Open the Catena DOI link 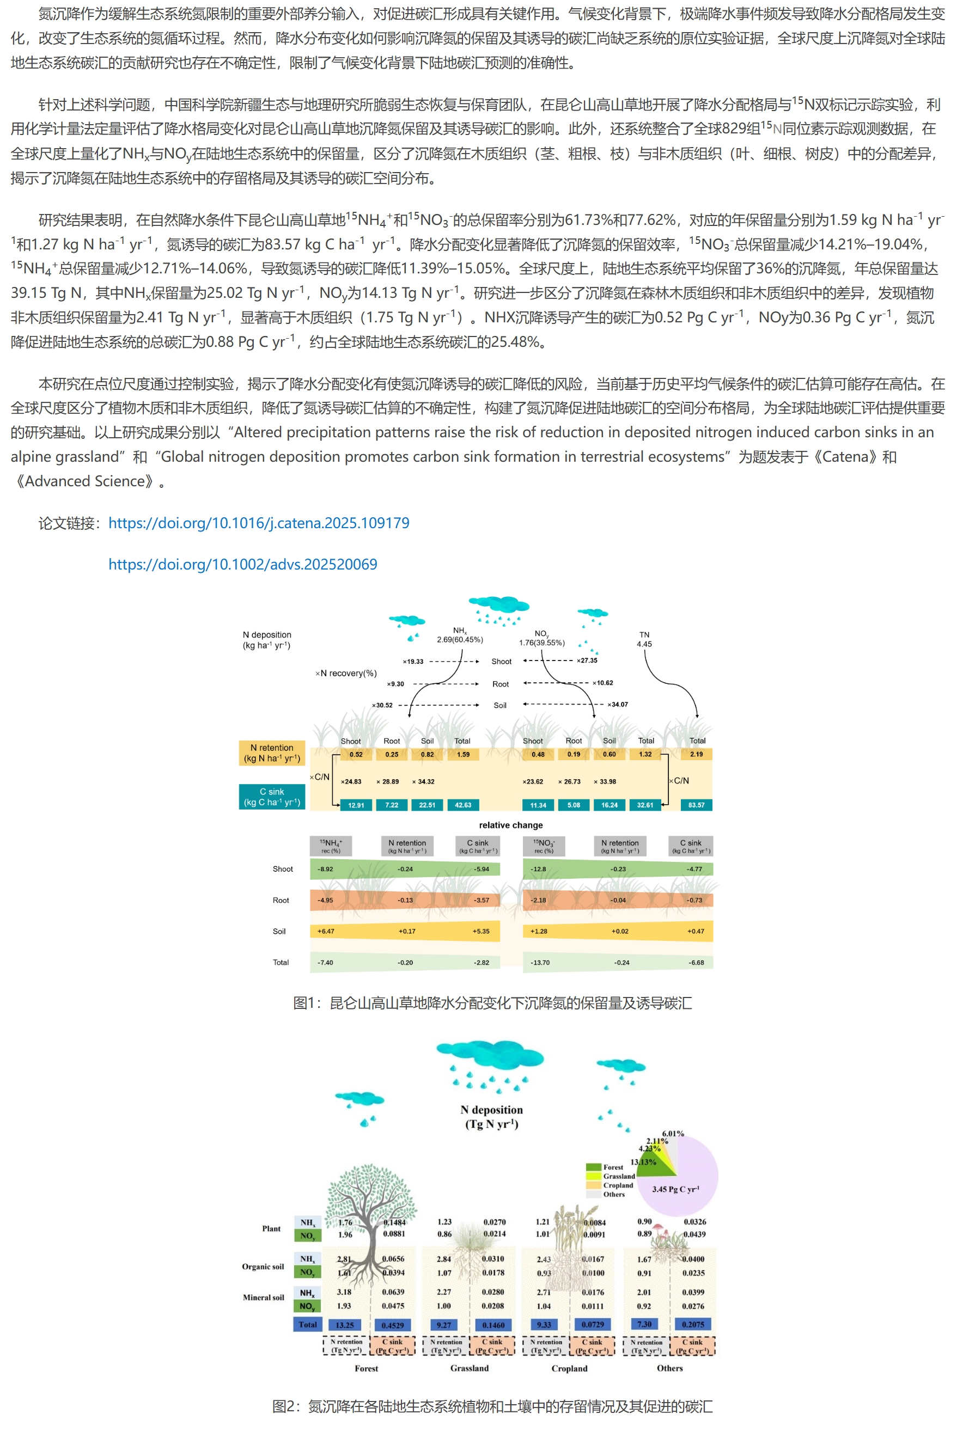click(x=258, y=523)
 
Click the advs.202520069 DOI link click(x=242, y=565)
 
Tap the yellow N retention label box click(x=272, y=753)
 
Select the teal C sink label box click(x=272, y=797)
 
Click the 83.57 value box click(x=696, y=805)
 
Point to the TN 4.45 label click(x=644, y=639)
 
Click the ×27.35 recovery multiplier click(x=587, y=660)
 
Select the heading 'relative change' click(x=511, y=825)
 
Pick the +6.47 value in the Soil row click(x=326, y=931)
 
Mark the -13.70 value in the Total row click(x=540, y=963)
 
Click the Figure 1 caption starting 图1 click(x=492, y=1003)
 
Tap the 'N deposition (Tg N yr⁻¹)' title click(x=491, y=1117)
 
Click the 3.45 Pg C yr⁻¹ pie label click(x=675, y=1189)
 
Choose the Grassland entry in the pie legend click(x=618, y=1176)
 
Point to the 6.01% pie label click(x=673, y=1134)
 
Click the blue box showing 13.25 click(x=345, y=1325)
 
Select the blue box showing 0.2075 click(x=693, y=1324)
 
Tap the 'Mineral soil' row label click(x=263, y=1297)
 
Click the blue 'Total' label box click(x=308, y=1324)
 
